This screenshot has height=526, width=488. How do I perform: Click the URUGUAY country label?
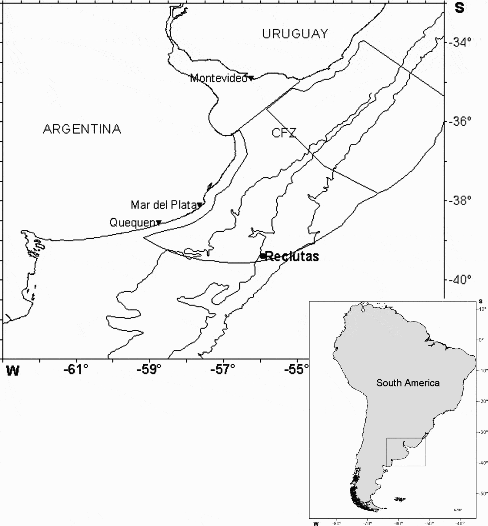coord(295,34)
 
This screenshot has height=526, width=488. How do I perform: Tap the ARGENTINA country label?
coord(82,129)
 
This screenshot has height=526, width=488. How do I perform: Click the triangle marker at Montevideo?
coord(251,78)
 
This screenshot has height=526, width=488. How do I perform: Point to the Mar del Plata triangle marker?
coord(200,205)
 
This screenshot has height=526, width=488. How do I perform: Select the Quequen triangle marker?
coord(159,223)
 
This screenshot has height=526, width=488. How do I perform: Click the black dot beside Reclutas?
coord(262,256)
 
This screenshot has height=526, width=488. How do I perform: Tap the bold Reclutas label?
coord(292,256)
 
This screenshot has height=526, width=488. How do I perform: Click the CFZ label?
coord(284,133)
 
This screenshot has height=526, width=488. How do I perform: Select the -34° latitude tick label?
coord(460,42)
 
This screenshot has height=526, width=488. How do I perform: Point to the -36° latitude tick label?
coord(460,122)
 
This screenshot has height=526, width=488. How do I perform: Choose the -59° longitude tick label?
coord(149,370)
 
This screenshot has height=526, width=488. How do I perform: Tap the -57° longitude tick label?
coord(222,370)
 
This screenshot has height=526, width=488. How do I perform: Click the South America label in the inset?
coord(408,383)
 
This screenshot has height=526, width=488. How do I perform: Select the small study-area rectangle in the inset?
coord(406,452)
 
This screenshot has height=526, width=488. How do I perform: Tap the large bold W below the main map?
coord(13,371)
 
